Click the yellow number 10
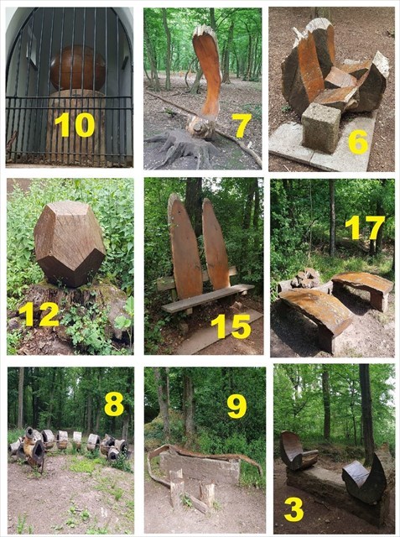coord(75,125)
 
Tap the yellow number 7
coord(242,126)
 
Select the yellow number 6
coord(358,141)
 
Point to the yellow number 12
coord(39,315)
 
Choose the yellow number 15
coord(231,326)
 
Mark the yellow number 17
coord(365,227)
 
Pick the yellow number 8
coord(114,404)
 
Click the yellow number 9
coord(236,406)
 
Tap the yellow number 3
coord(294,509)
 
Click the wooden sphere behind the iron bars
coord(78,68)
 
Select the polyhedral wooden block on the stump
coord(70,243)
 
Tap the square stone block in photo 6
coord(320,128)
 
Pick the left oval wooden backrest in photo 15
coord(184,246)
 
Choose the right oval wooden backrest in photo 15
coord(216,243)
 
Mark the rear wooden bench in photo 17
coord(363,289)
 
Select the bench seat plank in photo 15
coord(208,298)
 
